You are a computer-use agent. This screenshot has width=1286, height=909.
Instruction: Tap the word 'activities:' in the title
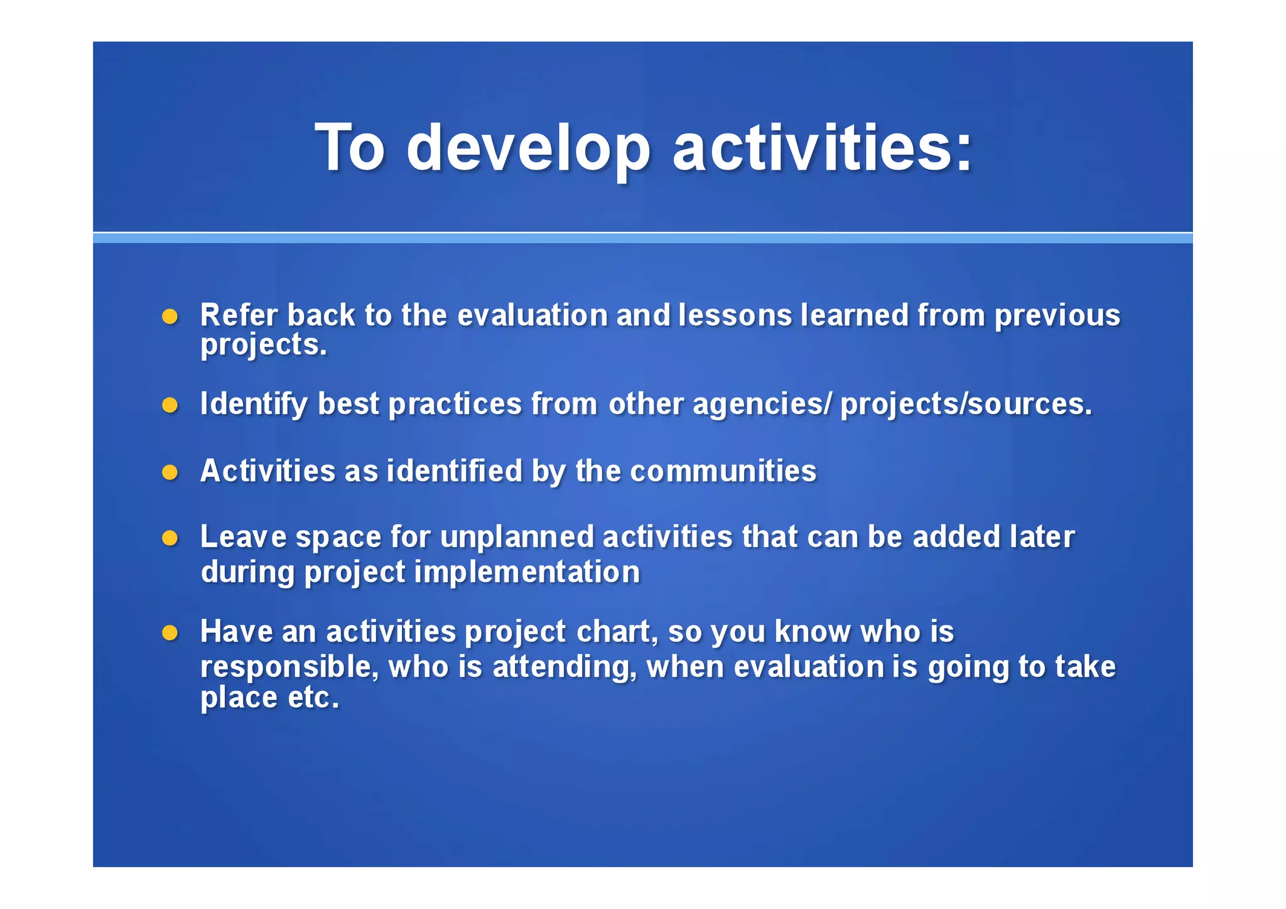[x=822, y=148]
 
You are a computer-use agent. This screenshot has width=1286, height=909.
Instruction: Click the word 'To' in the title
[x=349, y=148]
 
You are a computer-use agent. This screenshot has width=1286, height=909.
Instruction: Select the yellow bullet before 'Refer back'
[x=170, y=316]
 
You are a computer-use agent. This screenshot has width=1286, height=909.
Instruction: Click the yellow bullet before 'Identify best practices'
[x=170, y=405]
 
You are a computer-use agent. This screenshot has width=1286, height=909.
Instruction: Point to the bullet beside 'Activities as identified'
[x=170, y=472]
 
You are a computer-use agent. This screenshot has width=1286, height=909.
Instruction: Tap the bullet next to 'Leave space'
[x=170, y=538]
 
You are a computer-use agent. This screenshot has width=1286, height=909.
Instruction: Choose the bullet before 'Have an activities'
[x=170, y=633]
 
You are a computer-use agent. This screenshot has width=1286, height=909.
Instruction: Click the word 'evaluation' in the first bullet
[x=532, y=315]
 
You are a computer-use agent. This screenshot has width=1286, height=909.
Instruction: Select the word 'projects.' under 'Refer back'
[x=264, y=345]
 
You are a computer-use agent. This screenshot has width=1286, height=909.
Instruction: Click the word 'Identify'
[x=254, y=404]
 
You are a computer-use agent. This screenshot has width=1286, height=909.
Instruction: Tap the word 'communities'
[x=723, y=471]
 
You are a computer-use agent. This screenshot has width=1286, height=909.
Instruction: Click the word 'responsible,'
[x=289, y=667]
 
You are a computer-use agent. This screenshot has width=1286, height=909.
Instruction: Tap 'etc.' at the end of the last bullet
[x=313, y=698]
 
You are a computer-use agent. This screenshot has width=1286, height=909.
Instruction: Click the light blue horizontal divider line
[x=642, y=237]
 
